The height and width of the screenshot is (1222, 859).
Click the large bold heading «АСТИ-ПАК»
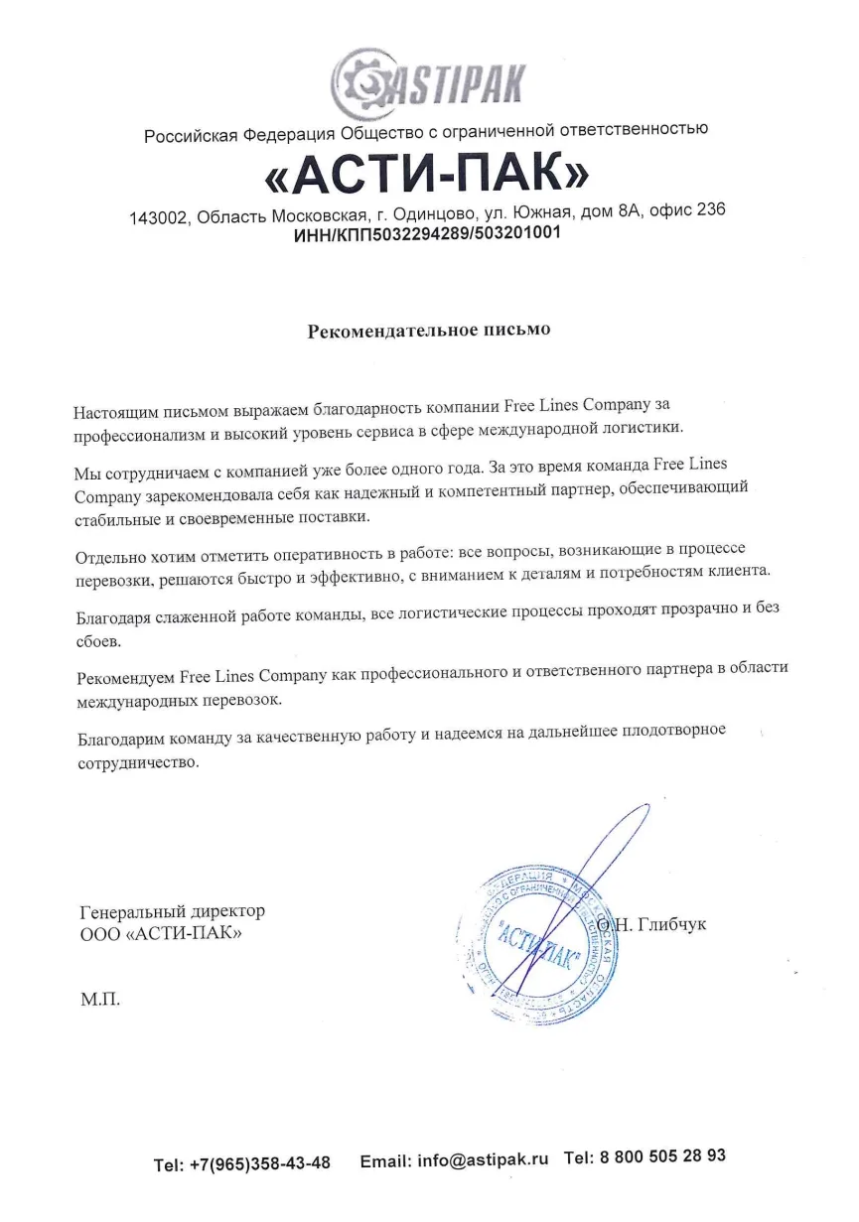click(428, 175)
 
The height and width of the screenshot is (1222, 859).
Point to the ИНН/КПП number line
click(428, 234)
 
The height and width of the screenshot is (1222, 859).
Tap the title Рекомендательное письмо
click(428, 330)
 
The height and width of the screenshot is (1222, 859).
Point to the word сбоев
click(97, 641)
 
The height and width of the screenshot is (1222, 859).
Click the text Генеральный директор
click(172, 911)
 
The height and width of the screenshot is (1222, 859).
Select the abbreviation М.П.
click(99, 998)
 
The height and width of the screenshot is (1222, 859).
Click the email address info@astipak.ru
click(483, 1158)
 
